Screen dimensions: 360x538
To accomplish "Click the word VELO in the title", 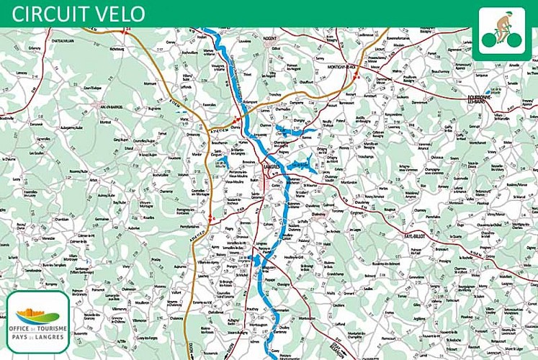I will point(117,14).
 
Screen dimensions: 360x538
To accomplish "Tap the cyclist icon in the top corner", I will point(503,32).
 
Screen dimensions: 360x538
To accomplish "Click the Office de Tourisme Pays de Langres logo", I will point(37,321).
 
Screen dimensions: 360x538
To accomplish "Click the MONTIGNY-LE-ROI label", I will point(342,67).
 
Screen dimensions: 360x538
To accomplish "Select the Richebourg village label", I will point(117,49).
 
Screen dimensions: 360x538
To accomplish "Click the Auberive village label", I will point(133,228).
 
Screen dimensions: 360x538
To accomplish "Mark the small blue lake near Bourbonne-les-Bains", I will point(493,92).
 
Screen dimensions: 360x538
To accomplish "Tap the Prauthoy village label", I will point(252,308).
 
